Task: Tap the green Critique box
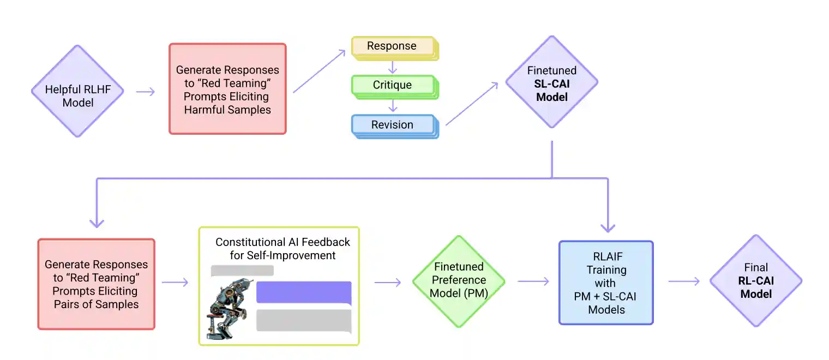pos(393,86)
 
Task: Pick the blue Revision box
pos(393,125)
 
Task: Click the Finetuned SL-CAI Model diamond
pos(552,82)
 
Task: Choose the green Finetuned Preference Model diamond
pos(458,280)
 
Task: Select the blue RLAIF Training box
pos(606,283)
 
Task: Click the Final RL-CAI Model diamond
pos(755,280)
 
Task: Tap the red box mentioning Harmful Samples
pos(227,89)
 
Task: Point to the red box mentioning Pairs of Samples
pos(96,284)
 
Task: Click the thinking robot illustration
pos(228,308)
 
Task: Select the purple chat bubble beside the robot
pos(303,292)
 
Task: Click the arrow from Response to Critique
pos(392,67)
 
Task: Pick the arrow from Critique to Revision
pos(392,105)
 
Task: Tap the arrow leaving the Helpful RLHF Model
pos(145,91)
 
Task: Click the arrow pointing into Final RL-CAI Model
pos(684,281)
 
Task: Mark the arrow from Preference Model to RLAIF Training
pos(533,281)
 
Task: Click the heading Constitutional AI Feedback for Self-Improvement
pos(283,248)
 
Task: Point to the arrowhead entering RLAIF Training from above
pos(607,226)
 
